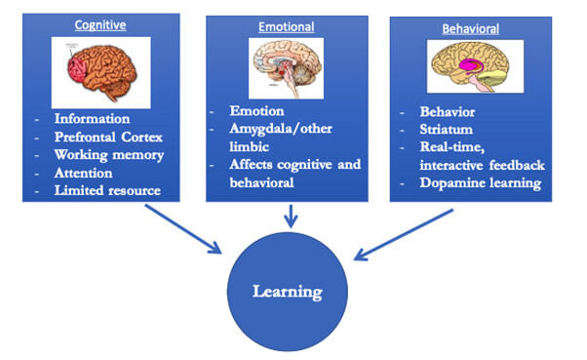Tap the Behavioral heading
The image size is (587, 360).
[471, 28]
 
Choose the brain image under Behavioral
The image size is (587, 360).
[471, 69]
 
